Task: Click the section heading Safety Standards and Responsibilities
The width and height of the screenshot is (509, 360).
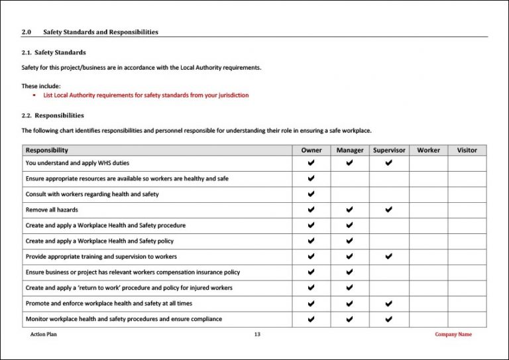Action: pos(100,32)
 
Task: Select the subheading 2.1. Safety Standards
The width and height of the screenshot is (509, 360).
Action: pos(54,52)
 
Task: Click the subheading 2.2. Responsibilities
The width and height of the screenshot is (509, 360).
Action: pos(53,115)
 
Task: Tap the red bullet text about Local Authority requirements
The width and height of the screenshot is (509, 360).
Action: pos(146,95)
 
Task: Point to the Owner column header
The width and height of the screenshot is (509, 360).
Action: pos(311,150)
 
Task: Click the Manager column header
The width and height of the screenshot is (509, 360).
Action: pos(350,150)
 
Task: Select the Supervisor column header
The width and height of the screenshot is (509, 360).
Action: pos(389,150)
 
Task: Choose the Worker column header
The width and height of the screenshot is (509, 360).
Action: pos(428,150)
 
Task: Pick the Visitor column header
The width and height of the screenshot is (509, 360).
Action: pos(467,150)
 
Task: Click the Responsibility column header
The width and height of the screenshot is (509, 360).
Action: pos(47,150)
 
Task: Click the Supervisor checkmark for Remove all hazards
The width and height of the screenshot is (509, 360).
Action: pos(389,210)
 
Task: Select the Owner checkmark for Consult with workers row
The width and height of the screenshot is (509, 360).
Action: pos(311,194)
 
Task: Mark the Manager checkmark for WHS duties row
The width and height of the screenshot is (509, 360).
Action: pos(350,162)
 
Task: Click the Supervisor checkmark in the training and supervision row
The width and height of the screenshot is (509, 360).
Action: pos(389,257)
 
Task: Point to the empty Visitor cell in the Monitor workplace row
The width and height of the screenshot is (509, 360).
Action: pos(467,319)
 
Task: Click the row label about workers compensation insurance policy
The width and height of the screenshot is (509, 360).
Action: pos(133,272)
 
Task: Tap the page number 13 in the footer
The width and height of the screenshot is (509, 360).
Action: pos(257,335)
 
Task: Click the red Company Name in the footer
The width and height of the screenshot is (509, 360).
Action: pos(453,335)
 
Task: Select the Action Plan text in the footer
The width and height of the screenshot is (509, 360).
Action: pos(44,335)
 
